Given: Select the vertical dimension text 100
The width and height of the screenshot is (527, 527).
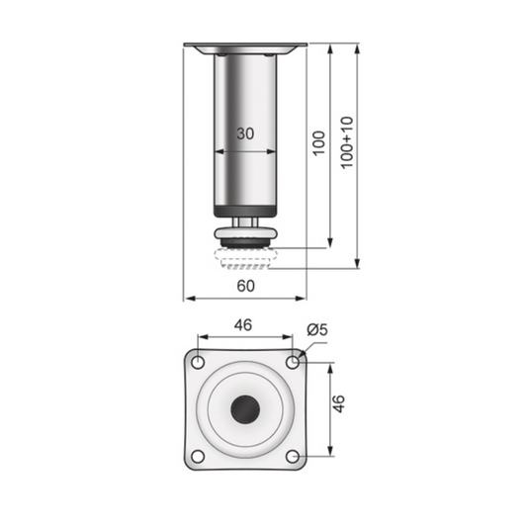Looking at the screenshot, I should (x=317, y=143).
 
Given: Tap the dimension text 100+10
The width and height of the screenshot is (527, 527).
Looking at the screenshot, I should (x=346, y=142).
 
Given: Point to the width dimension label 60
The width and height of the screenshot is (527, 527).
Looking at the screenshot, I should (x=246, y=286).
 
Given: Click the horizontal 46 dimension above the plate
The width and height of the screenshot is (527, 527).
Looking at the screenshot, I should (x=244, y=323).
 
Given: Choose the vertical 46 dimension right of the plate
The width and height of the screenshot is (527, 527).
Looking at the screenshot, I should (x=339, y=403).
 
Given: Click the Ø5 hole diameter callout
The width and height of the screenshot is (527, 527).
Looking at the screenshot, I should (x=317, y=329).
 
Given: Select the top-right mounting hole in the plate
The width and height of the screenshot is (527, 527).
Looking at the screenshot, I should (x=293, y=362).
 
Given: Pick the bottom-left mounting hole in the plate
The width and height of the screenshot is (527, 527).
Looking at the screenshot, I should (x=198, y=456).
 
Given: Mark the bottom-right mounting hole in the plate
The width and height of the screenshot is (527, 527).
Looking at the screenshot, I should (x=293, y=456).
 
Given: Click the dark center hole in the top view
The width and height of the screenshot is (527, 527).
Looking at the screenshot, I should (x=245, y=408).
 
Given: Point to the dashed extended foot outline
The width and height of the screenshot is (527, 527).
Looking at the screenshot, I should (x=244, y=262).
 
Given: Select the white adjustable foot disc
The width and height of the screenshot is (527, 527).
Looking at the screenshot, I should (x=244, y=234).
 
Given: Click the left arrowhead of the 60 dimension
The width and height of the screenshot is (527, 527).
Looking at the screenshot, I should (x=189, y=298).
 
